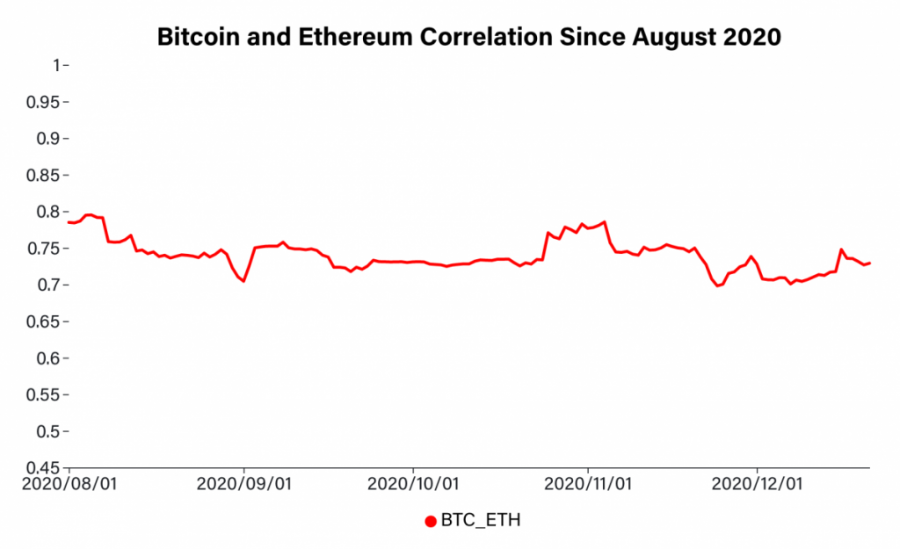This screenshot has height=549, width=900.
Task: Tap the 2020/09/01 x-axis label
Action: [x=243, y=484]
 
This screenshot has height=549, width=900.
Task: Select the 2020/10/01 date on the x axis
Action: [x=413, y=484]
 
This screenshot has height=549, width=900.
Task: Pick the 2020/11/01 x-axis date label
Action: [x=587, y=484]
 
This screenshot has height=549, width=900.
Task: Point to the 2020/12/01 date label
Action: [x=757, y=484]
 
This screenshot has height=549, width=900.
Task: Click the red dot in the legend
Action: [x=431, y=522]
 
